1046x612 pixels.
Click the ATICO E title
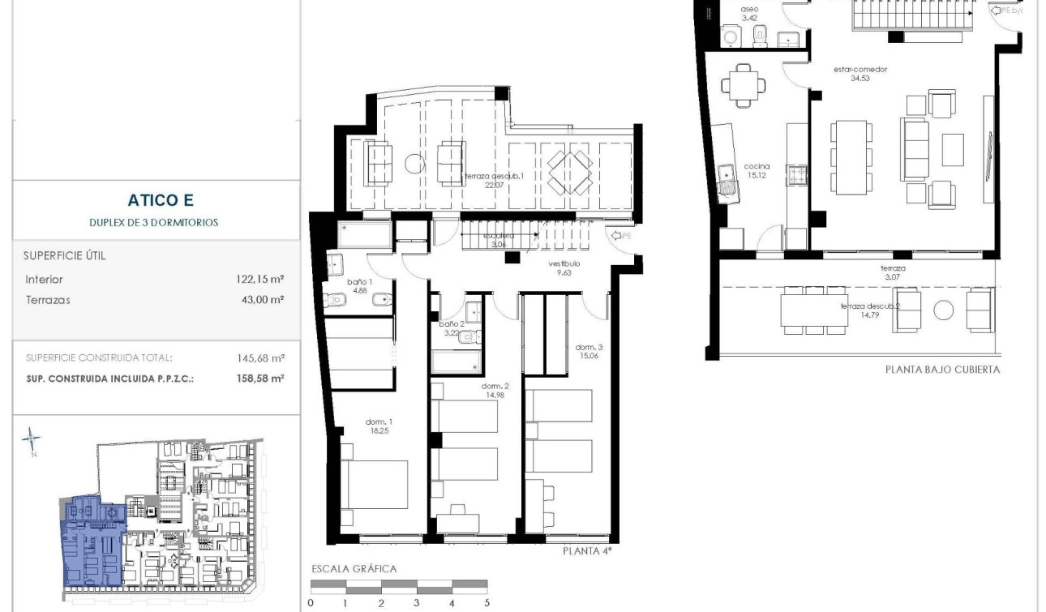(x=161, y=200)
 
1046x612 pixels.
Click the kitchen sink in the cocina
(x=727, y=177)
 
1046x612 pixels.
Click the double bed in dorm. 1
(x=374, y=484)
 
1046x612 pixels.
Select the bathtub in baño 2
(x=457, y=361)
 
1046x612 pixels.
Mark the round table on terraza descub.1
(x=414, y=163)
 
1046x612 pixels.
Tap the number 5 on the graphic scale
(x=487, y=603)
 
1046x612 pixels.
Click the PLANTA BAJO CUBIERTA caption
(x=942, y=370)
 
